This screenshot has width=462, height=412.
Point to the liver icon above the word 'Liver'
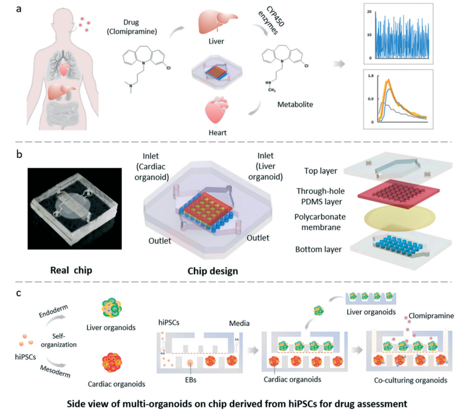(x=212, y=22)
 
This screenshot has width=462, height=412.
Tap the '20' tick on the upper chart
(x=368, y=12)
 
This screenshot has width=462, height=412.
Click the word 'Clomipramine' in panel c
(x=428, y=316)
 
